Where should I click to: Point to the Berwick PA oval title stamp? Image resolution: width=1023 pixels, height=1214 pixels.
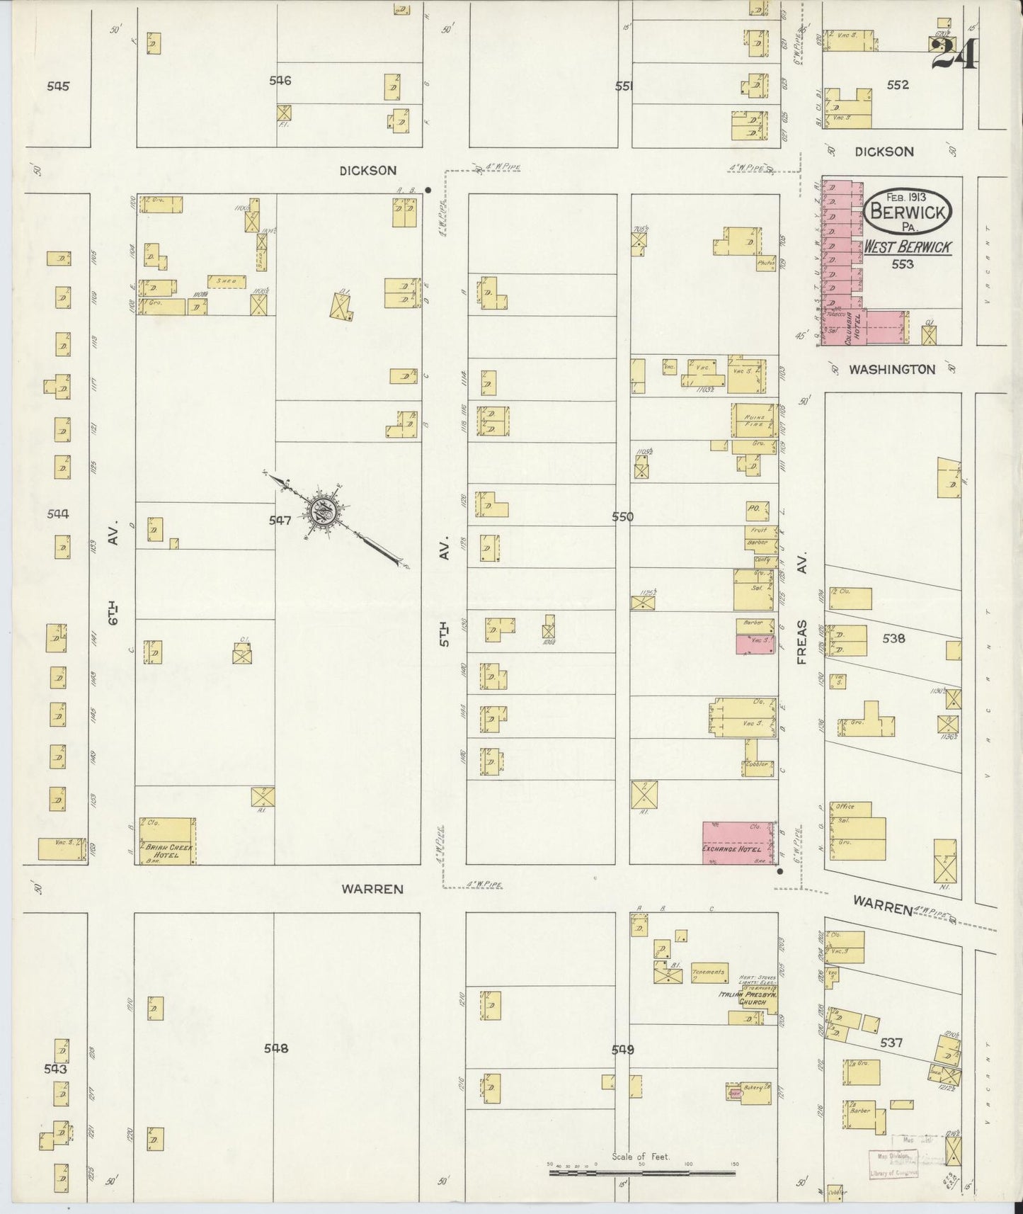[x=908, y=210]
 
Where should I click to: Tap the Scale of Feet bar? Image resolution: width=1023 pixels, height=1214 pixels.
[x=642, y=1173]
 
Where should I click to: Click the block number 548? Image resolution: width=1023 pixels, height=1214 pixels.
[x=276, y=1048]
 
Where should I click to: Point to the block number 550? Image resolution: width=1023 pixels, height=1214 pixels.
[x=622, y=517]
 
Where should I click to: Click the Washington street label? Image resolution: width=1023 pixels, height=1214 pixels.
[x=892, y=369]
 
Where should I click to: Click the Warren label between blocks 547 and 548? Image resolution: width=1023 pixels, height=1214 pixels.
[x=372, y=888]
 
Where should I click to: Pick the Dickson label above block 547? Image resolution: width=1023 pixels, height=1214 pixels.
[x=367, y=170]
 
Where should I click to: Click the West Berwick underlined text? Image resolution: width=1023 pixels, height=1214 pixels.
[x=907, y=247]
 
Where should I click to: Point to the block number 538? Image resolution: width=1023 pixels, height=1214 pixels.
[x=893, y=637]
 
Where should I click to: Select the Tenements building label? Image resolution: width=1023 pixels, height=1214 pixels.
[x=709, y=972]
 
